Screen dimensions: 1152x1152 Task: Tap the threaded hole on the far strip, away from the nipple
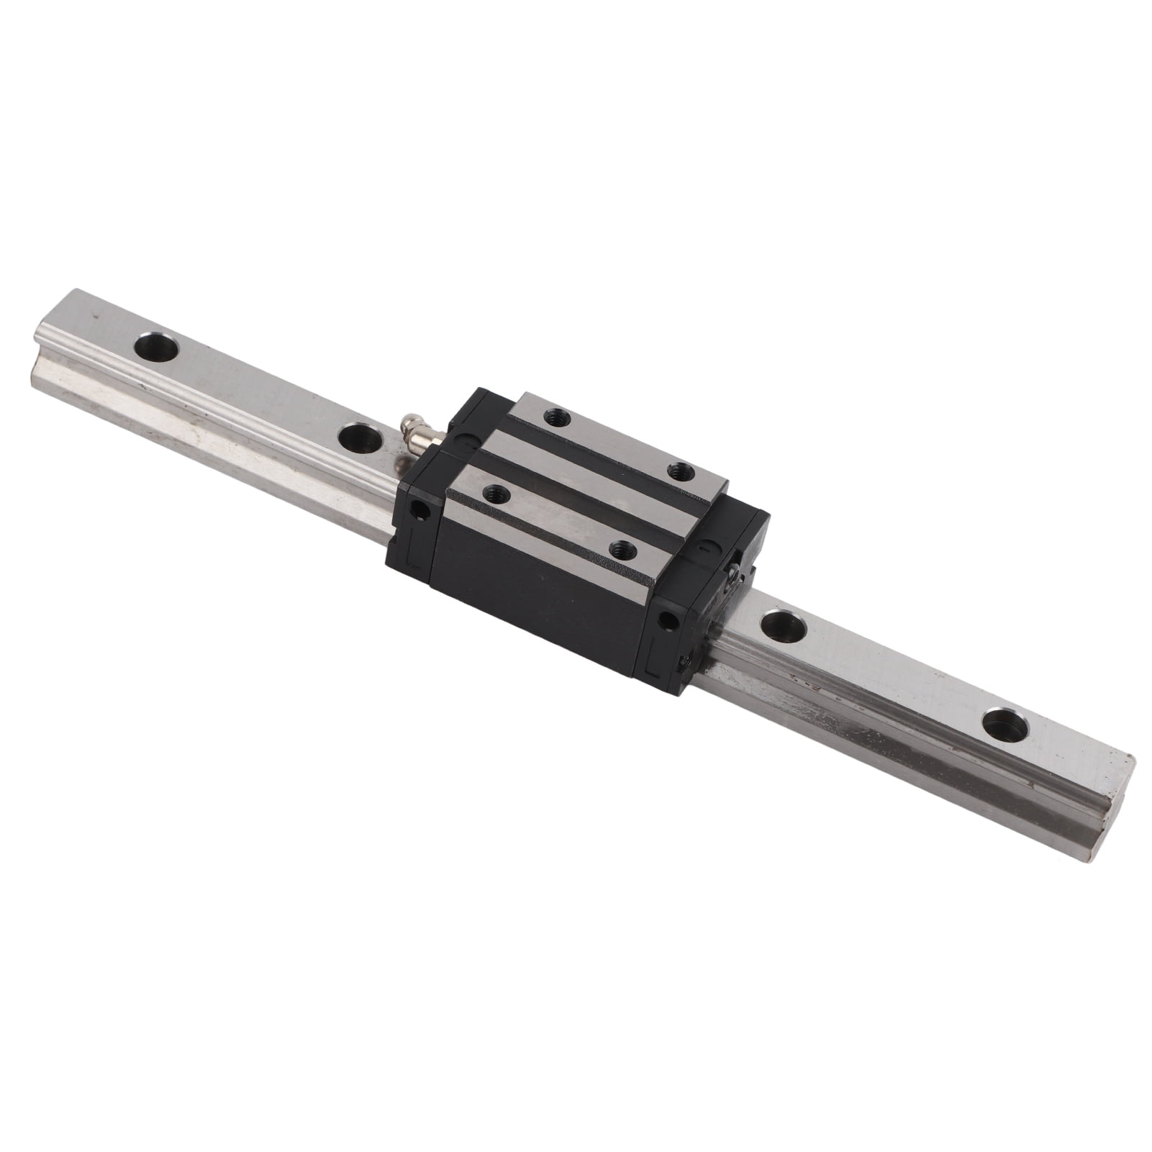pyautogui.click(x=678, y=472)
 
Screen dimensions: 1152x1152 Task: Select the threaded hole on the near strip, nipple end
pyautogui.click(x=494, y=494)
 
